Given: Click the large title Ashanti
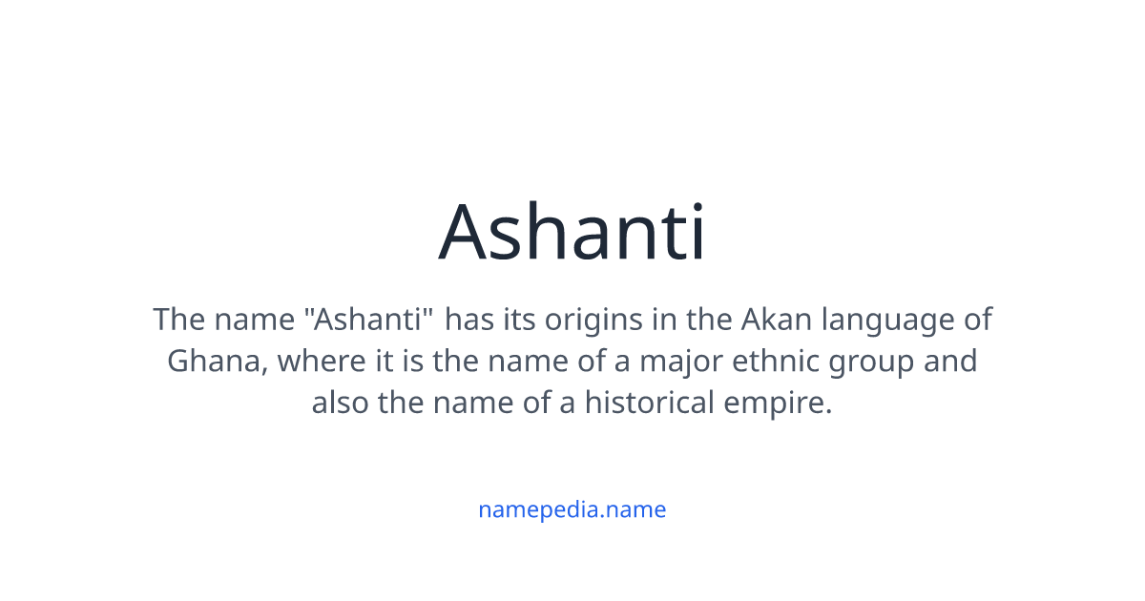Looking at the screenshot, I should click(x=572, y=233).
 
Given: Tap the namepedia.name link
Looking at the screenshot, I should click(x=572, y=509).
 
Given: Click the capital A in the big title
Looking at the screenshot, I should click(x=463, y=233).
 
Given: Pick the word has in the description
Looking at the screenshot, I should click(x=468, y=320).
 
